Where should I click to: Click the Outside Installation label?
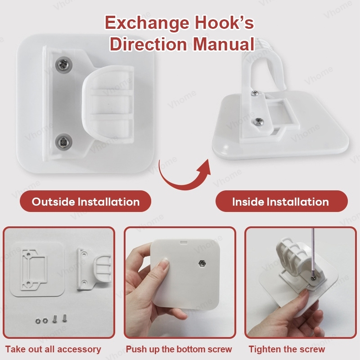(x=85, y=201)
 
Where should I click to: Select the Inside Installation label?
(x=282, y=201)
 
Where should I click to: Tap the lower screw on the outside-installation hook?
(x=63, y=142)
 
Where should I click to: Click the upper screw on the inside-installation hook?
(x=255, y=93)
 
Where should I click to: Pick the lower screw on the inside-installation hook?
(x=260, y=121)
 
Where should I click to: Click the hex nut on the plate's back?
(x=202, y=263)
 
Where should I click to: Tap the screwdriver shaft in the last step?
(x=312, y=252)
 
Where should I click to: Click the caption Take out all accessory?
(x=53, y=349)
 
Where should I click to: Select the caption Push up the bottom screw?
(x=179, y=349)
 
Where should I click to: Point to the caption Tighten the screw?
(x=287, y=349)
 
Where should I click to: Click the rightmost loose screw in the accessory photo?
(x=64, y=318)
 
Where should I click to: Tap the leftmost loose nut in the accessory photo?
(x=38, y=320)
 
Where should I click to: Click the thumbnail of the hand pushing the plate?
(x=180, y=283)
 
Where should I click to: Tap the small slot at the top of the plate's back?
(x=184, y=242)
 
